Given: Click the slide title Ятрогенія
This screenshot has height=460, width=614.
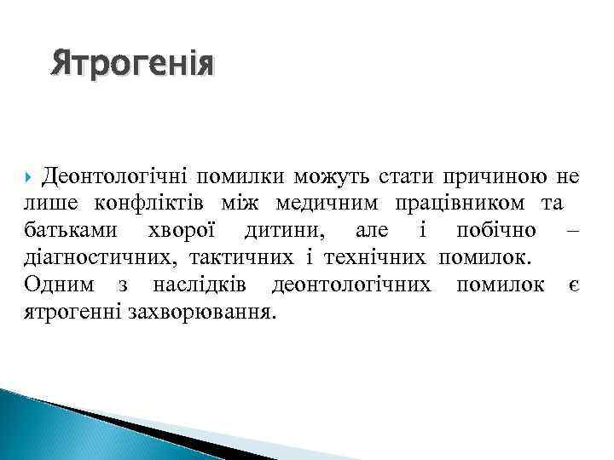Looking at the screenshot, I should coord(133,64).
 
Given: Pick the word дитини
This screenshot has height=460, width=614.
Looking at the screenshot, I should coord(283,231).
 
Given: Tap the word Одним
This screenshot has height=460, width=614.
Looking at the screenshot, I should coord(56,285).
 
